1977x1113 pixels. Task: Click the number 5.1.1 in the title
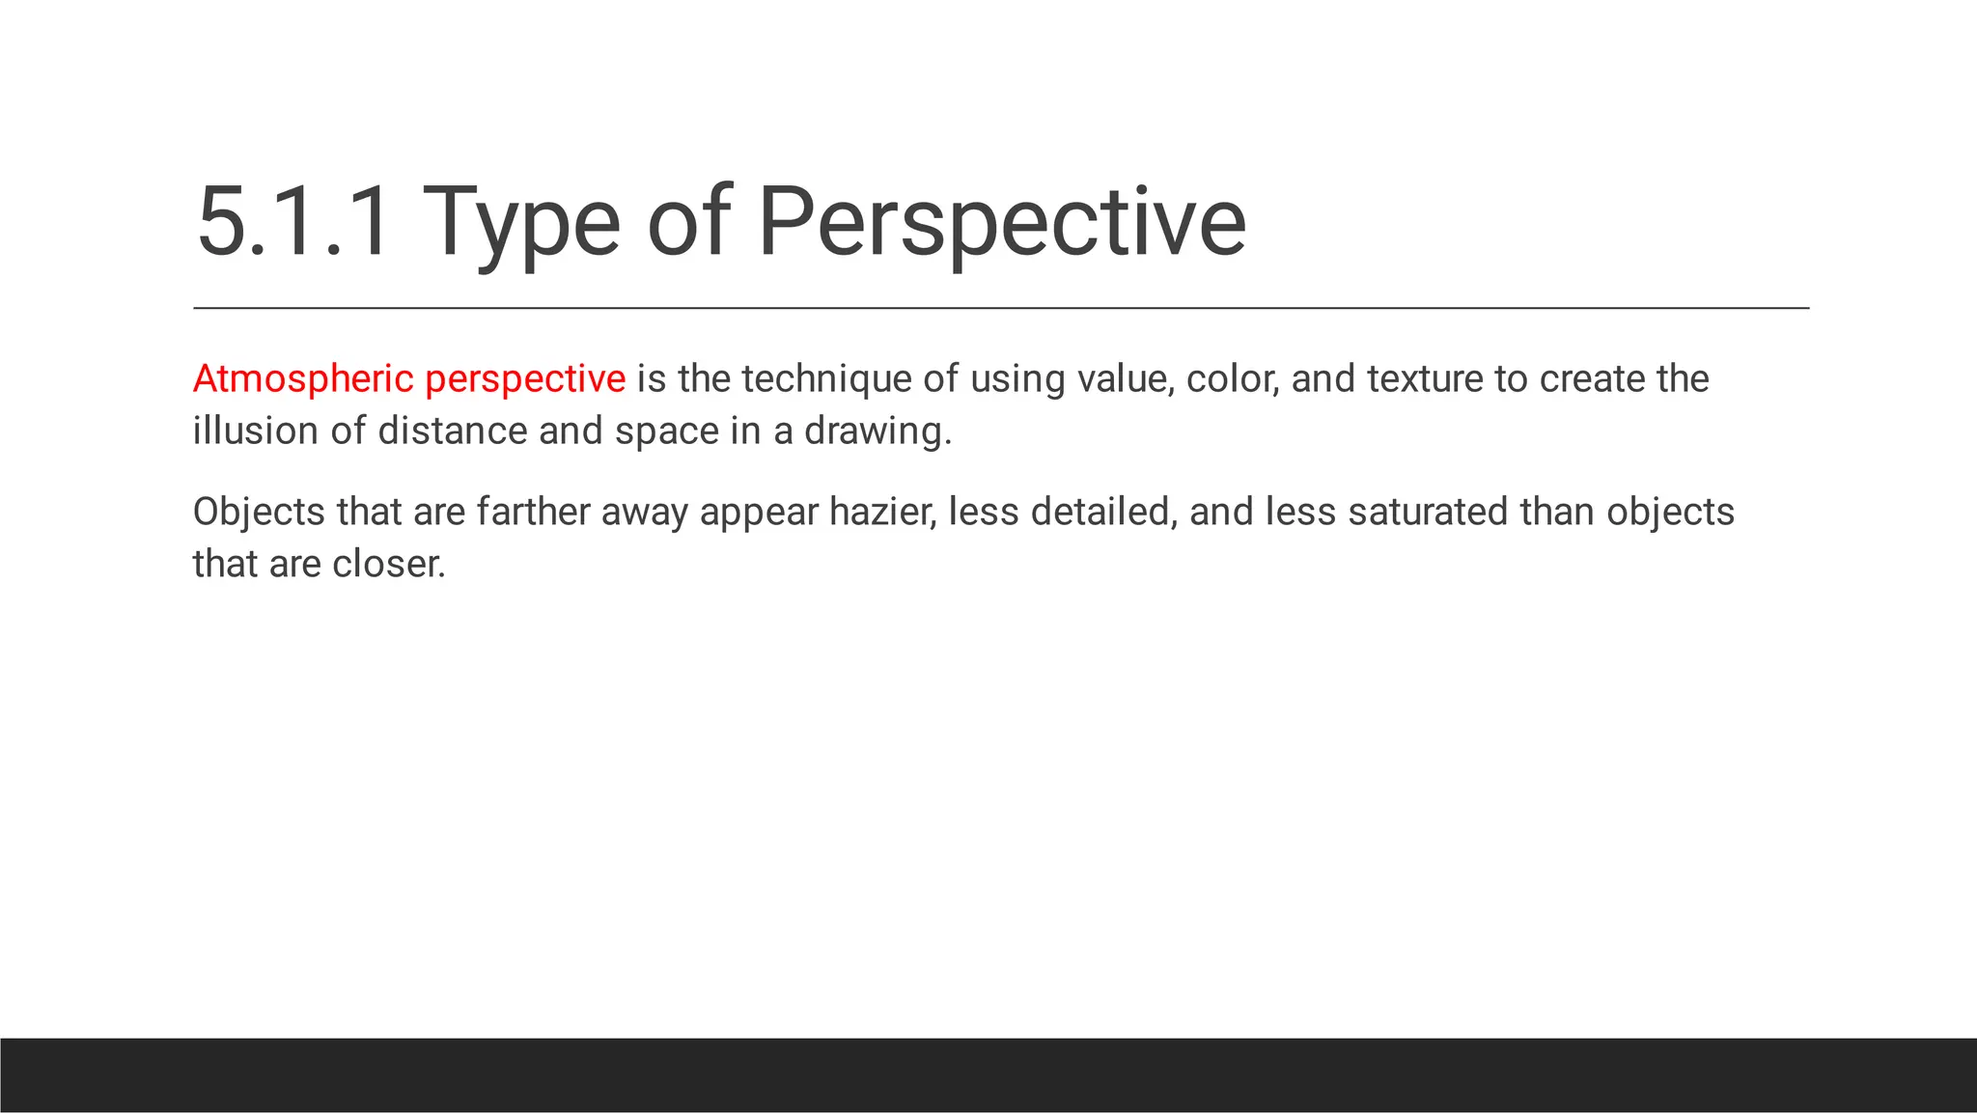[293, 223]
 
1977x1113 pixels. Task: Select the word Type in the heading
[521, 223]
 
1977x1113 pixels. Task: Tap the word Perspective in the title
[1001, 223]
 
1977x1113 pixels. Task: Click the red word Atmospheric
[303, 378]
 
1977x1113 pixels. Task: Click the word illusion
[255, 431]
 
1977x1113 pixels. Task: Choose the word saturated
[1428, 512]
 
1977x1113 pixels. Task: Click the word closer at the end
[388, 564]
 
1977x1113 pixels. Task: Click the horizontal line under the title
[1001, 308]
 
